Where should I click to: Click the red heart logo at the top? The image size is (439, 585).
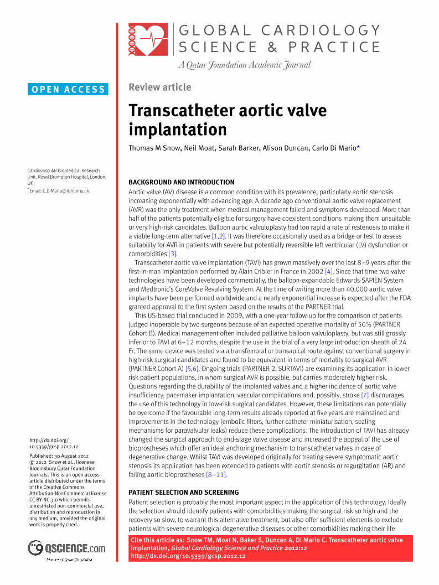tap(148, 39)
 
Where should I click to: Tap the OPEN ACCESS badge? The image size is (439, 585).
tap(68, 89)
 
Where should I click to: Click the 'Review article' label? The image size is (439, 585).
tap(159, 87)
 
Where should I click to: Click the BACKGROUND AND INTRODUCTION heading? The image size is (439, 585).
tap(181, 182)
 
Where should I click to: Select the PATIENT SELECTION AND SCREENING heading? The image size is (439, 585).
tap(183, 492)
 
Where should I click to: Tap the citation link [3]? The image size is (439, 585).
tap(173, 253)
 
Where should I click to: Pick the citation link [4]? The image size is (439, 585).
tap(329, 271)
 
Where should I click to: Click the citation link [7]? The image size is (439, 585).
tap(364, 395)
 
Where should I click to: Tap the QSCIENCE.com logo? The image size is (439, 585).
tap(66, 548)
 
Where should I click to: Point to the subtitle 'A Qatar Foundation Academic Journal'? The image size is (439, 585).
tap(244, 65)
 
